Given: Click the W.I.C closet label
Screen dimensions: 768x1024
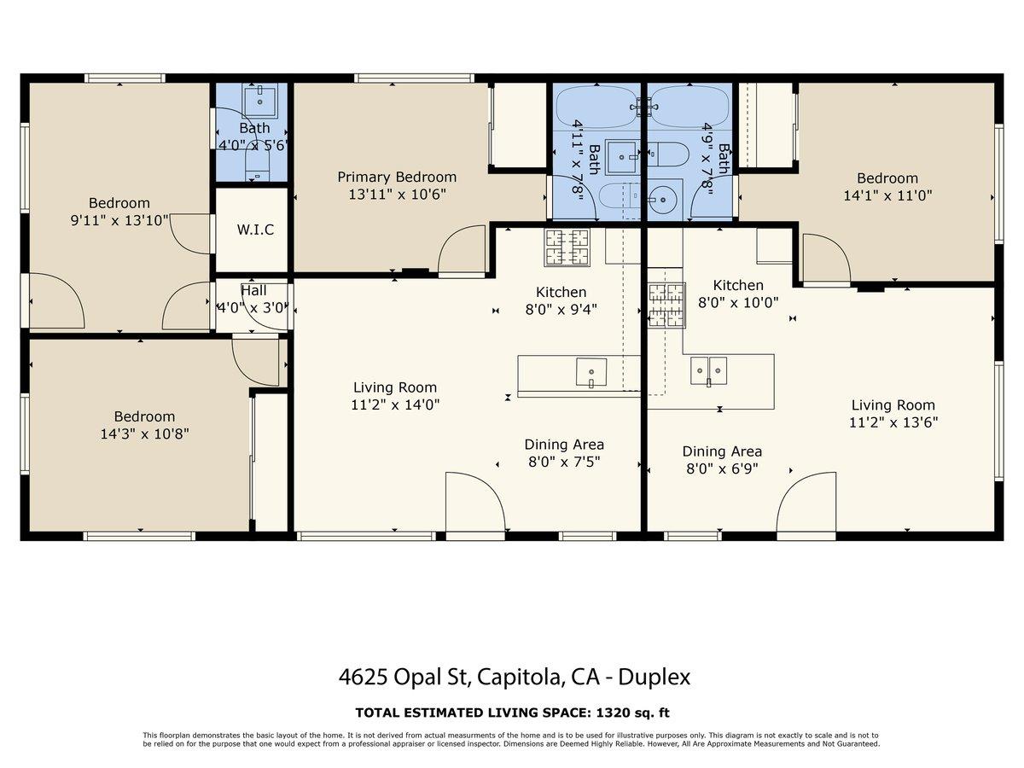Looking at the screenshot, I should (255, 230).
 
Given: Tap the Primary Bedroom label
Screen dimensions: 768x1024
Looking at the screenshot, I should (397, 177).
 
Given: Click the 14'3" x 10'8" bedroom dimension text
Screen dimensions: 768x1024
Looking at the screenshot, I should (144, 433).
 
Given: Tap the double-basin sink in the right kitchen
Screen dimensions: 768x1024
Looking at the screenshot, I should (708, 369).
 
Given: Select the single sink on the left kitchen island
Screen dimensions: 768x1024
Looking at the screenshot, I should (591, 372).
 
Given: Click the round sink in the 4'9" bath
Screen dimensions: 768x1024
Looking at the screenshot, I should (662, 201).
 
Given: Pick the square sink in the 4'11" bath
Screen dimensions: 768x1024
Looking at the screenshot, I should (622, 156).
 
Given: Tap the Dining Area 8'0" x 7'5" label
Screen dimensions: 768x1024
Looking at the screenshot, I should (563, 453).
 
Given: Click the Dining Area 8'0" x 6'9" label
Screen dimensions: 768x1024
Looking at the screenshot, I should (722, 460).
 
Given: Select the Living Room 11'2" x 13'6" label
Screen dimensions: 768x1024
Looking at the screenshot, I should (893, 413).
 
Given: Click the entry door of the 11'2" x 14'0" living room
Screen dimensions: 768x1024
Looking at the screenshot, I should (474, 505).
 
